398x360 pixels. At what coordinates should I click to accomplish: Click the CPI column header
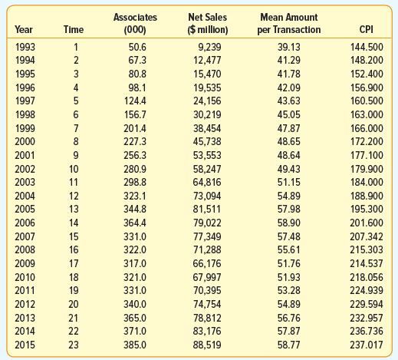366,29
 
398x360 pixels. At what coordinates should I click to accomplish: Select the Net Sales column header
208,24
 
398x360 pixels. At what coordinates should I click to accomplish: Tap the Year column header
24,29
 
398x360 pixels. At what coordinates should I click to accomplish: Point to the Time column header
74,29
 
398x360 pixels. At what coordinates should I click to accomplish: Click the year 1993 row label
25,47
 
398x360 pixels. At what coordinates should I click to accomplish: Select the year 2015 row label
25,345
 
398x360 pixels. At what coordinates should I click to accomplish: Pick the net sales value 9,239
209,47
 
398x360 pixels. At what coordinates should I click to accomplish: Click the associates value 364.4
135,223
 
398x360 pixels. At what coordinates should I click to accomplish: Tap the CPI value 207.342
367,236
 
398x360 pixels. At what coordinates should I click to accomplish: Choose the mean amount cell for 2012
289,304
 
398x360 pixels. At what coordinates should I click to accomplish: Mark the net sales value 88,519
207,345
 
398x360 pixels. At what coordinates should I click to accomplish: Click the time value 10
74,169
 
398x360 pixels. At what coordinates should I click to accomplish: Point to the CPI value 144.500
367,47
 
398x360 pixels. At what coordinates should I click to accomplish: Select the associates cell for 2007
135,236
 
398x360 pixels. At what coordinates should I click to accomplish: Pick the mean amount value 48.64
289,155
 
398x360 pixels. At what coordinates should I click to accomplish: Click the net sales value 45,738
207,141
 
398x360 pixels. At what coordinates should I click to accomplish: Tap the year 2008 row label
25,249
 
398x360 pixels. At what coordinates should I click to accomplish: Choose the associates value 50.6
137,47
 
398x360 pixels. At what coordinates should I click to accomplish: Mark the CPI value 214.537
367,263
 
